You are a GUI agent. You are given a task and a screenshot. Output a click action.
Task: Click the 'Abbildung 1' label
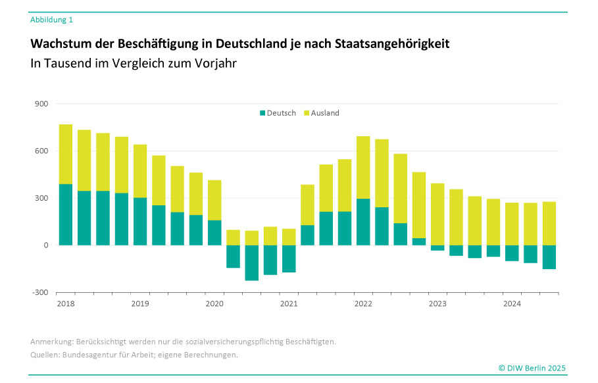point(51,20)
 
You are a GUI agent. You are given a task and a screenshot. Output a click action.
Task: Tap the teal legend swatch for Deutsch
point(262,113)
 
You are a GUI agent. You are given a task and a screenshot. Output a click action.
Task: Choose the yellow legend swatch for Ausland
point(307,113)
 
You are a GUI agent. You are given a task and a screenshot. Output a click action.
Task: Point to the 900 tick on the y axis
point(41,104)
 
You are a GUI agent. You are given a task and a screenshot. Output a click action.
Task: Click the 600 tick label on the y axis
point(41,151)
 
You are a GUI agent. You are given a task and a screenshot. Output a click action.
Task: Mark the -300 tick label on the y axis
point(41,292)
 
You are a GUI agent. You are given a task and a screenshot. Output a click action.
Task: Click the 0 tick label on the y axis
point(46,245)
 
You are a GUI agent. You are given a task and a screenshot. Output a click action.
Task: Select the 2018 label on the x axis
point(66,304)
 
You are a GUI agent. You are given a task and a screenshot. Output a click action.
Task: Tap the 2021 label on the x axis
point(289,304)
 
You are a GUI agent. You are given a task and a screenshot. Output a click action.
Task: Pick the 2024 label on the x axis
point(512,304)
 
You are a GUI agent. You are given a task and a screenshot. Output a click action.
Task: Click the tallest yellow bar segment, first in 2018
point(66,154)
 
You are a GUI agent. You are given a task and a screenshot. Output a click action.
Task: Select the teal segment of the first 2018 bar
point(66,215)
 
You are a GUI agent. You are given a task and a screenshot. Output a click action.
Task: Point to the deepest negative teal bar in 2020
point(252,263)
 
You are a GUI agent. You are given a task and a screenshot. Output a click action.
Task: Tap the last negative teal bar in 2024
point(549,257)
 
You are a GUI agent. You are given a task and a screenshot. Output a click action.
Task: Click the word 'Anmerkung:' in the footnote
point(51,342)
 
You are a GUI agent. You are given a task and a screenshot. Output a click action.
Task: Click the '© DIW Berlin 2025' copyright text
point(532,368)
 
